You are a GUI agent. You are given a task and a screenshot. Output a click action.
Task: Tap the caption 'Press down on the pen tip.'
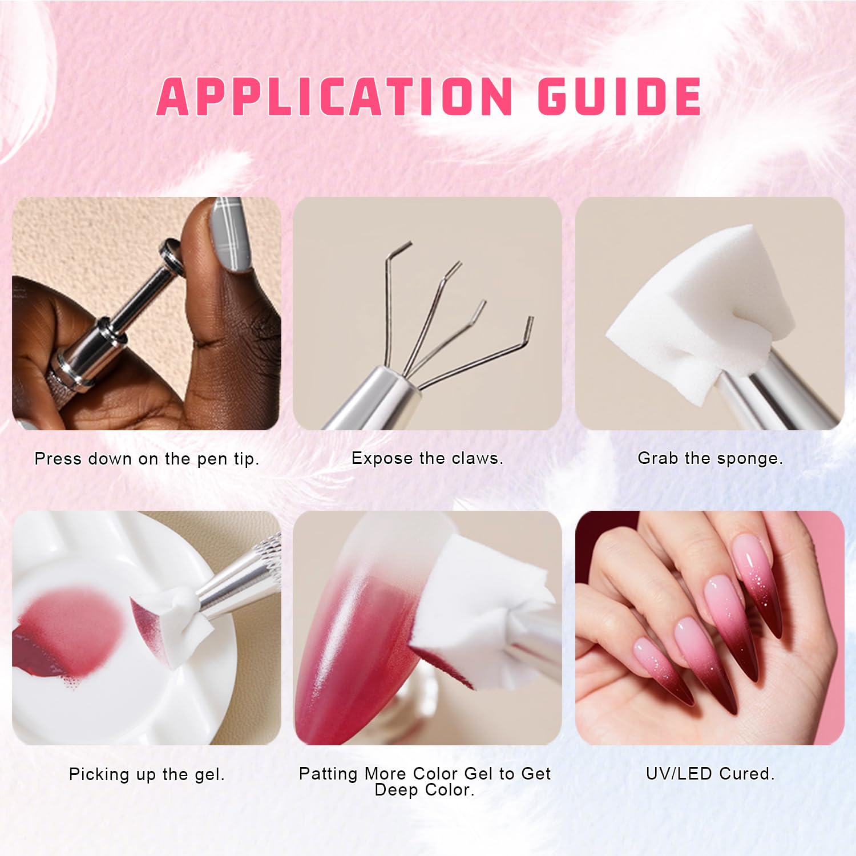147,459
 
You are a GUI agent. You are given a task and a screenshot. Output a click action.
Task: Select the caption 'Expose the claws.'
427,458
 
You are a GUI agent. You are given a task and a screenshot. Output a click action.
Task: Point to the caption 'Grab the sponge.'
710,458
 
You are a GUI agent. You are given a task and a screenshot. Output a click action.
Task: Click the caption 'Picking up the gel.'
147,774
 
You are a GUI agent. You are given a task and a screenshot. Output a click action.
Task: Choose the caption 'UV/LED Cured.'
710,774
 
